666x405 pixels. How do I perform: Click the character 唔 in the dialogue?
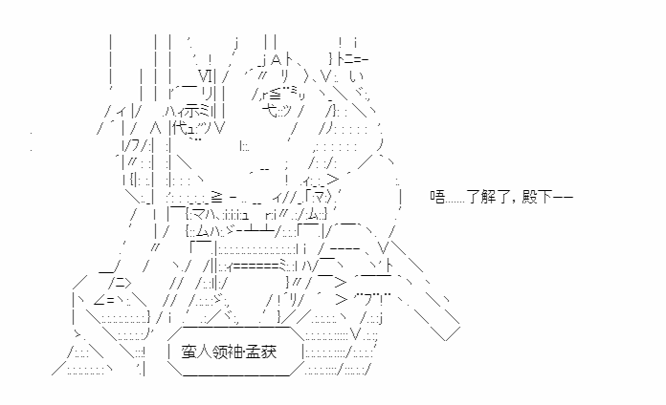coord(437,197)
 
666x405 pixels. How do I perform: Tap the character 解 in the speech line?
coord(488,197)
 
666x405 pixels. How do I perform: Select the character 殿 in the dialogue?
coord(529,197)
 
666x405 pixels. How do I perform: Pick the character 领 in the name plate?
coord(220,352)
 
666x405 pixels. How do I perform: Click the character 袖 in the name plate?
coord(235,352)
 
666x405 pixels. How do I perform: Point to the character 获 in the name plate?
coord(269,352)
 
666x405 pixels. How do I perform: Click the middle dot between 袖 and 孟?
coord(245,352)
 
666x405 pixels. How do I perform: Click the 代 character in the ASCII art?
coord(181,128)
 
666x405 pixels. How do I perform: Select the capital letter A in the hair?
coord(277,60)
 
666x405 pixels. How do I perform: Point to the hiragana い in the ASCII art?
coord(357,77)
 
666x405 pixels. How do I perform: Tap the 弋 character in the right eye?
coord(270,111)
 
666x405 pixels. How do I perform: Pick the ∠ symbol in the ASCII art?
coord(99,300)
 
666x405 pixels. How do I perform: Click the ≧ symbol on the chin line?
coord(216,197)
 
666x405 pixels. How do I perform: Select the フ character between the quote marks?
coord(368,300)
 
